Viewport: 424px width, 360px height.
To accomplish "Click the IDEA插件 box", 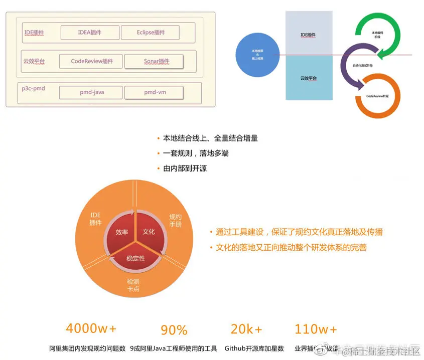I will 90,33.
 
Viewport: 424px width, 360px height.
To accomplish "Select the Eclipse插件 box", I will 151,33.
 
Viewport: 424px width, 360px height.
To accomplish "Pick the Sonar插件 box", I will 154,62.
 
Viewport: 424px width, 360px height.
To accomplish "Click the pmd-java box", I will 91,92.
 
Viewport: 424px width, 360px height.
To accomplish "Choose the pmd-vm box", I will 154,92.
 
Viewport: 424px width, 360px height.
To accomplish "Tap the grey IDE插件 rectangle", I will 308,34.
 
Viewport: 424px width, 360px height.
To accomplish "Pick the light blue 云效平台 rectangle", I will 308,78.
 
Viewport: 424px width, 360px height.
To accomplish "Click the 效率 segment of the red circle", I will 122,232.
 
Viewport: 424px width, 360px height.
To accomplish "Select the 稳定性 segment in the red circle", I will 135,258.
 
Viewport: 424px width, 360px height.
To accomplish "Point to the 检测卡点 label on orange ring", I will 133,285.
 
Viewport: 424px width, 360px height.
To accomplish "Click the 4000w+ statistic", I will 91,329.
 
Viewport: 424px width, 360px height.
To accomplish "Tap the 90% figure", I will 174,330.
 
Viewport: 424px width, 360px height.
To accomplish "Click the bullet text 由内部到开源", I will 185,168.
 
